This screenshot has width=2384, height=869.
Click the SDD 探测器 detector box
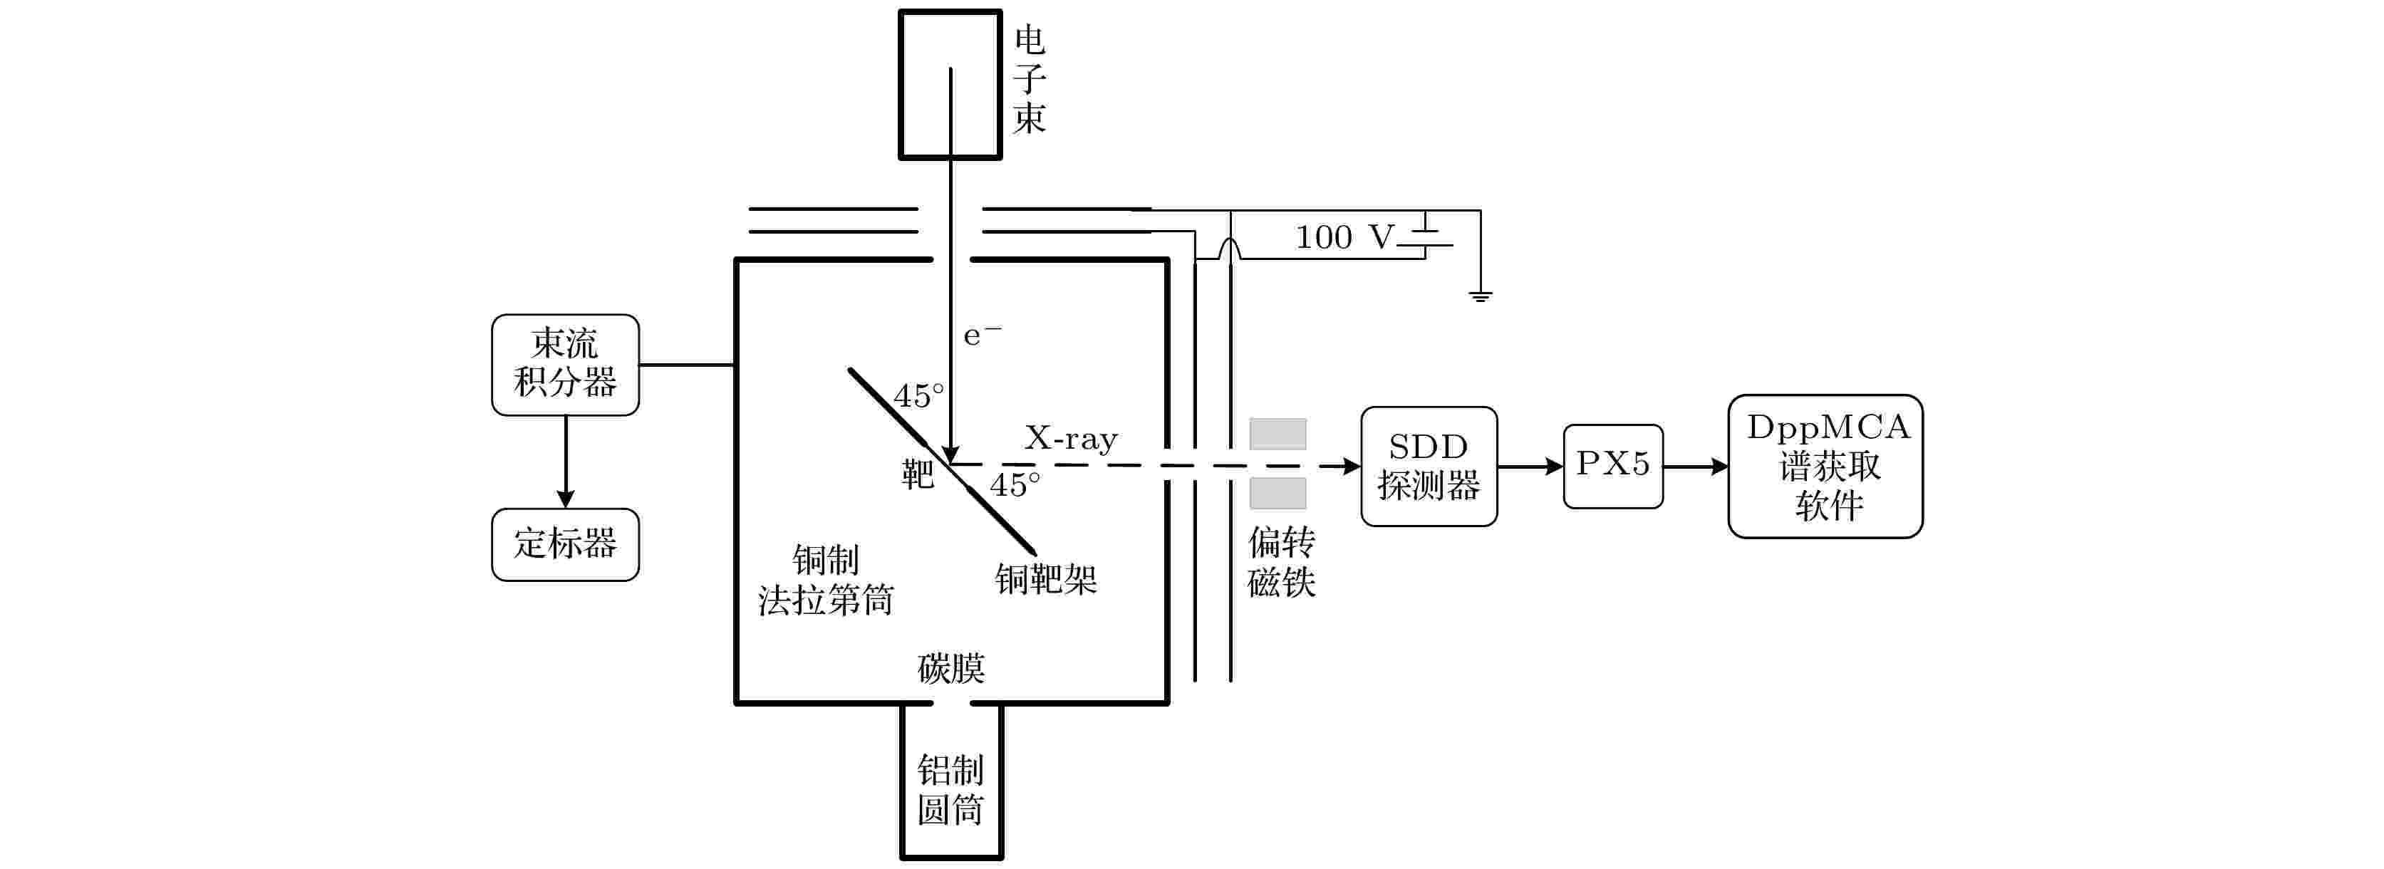click(x=1429, y=467)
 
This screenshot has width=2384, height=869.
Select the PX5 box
click(x=1613, y=467)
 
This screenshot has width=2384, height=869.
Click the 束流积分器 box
click(x=566, y=365)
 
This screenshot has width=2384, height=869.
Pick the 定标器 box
click(x=566, y=544)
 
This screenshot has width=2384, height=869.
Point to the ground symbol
click(x=1480, y=296)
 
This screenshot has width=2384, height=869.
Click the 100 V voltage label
click(x=1344, y=238)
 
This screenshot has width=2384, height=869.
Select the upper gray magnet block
click(x=1278, y=434)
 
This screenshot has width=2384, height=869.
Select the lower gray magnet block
click(x=1278, y=494)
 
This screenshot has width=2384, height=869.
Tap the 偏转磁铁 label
click(x=1282, y=562)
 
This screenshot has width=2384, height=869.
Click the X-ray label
click(x=1071, y=438)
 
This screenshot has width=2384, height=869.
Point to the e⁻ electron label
click(x=982, y=334)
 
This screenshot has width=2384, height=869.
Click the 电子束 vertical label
click(x=1029, y=80)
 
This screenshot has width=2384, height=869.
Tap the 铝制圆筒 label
click(x=950, y=789)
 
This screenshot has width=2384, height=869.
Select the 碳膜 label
click(x=951, y=668)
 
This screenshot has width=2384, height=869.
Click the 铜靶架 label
click(x=1046, y=579)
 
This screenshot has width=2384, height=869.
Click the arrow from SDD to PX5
click(x=1530, y=467)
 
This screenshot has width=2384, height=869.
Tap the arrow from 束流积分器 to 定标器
click(x=566, y=462)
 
